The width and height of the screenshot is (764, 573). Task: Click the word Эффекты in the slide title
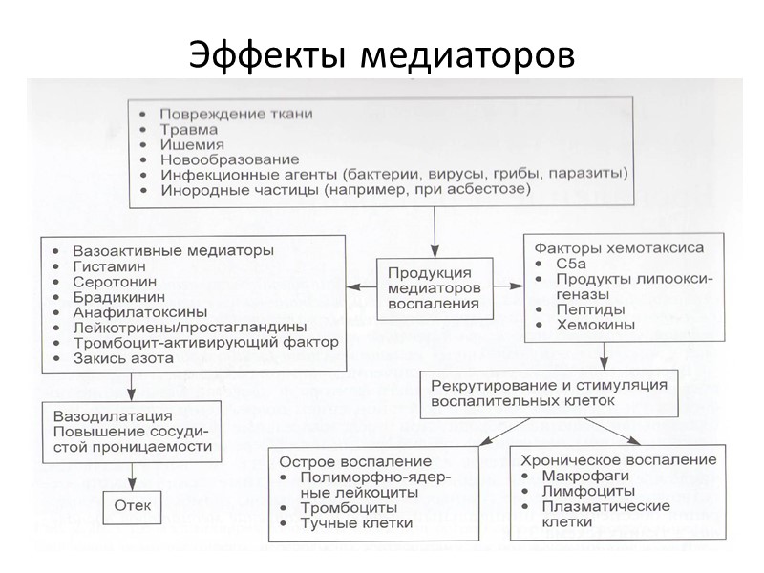pyautogui.click(x=270, y=53)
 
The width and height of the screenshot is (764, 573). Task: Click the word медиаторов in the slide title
pyautogui.click(x=469, y=53)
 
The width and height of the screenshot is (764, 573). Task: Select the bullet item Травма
pyautogui.click(x=188, y=128)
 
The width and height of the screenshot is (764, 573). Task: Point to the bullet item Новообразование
pyautogui.click(x=229, y=159)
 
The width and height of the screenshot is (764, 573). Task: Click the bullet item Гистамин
pyautogui.click(x=105, y=266)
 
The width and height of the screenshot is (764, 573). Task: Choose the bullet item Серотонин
pyautogui.click(x=112, y=284)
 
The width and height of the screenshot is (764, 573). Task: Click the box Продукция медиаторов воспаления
pyautogui.click(x=435, y=287)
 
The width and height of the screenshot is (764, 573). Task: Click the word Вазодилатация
pyautogui.click(x=114, y=416)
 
